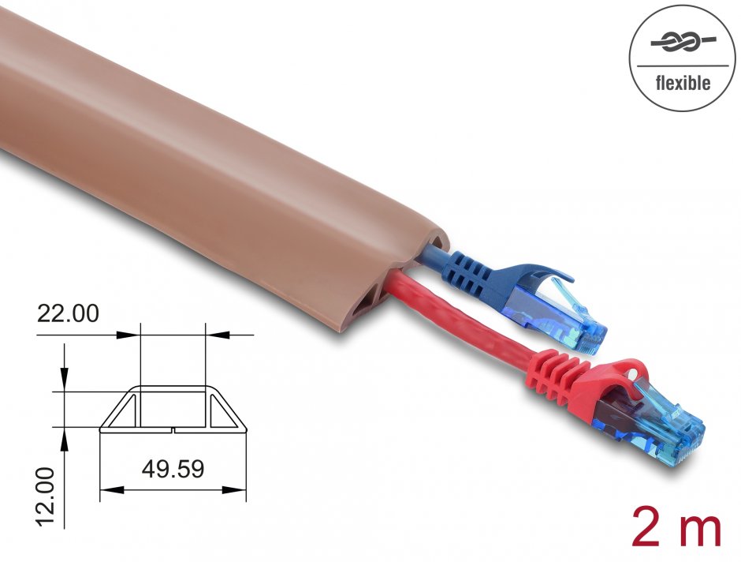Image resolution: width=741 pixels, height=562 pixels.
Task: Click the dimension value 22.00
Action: coord(68,314)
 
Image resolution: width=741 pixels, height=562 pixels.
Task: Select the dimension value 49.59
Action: coord(171,469)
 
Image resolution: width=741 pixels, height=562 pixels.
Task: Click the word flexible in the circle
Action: coord(683,83)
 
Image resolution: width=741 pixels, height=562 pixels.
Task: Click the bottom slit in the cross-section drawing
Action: coord(173,431)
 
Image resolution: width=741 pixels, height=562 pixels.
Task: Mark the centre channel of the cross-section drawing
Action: coord(173,410)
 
